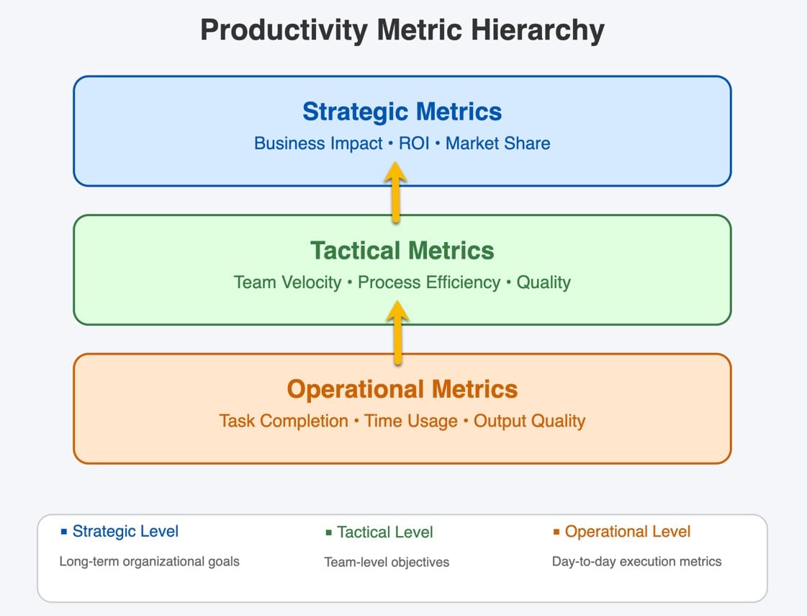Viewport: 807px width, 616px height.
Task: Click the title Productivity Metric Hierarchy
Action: (x=402, y=31)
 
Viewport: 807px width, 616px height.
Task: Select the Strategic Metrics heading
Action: (x=402, y=112)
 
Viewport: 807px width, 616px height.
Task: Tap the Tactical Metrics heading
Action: (x=402, y=251)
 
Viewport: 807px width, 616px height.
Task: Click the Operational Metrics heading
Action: (x=402, y=389)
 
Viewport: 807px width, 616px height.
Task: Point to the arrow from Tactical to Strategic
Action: (x=395, y=192)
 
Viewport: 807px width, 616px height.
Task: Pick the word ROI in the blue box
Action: (x=413, y=143)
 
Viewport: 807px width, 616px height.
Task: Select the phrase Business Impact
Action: (x=318, y=143)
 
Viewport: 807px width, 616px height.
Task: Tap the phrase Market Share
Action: (x=497, y=143)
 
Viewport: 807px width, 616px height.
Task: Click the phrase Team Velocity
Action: (x=287, y=282)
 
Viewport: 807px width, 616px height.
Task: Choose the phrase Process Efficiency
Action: (x=428, y=282)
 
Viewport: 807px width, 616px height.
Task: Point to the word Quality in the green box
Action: (x=544, y=282)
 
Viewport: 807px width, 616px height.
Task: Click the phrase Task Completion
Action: (x=284, y=421)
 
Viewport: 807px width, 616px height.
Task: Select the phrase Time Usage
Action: (x=411, y=421)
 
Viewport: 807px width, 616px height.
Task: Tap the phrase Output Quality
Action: (x=529, y=421)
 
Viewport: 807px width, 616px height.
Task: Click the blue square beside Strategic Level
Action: (x=64, y=532)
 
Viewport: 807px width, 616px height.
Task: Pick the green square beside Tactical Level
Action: (x=329, y=533)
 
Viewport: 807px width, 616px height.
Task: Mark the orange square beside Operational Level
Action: (x=556, y=532)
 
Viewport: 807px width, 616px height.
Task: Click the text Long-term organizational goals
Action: (x=149, y=561)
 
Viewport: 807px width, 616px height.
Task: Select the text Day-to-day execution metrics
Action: (x=636, y=561)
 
